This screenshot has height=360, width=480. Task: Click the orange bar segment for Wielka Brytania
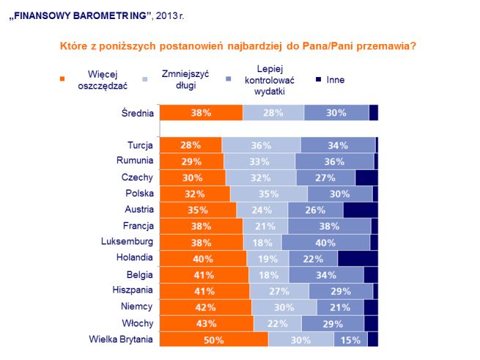pyautogui.click(x=214, y=339)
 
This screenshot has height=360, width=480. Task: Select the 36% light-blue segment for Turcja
pyautogui.click(x=261, y=144)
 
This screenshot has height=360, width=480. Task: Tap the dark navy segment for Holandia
pyautogui.click(x=358, y=258)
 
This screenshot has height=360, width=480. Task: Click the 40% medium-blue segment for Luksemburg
pyautogui.click(x=325, y=242)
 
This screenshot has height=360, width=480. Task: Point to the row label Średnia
pyautogui.click(x=137, y=112)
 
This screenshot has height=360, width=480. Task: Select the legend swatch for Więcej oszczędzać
pyautogui.click(x=62, y=79)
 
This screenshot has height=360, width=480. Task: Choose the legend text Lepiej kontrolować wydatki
pyautogui.click(x=262, y=79)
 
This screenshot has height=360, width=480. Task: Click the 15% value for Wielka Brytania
pyautogui.click(x=350, y=339)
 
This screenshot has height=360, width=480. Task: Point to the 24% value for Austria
pyautogui.click(x=262, y=210)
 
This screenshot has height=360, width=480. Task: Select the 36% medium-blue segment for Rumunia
pyautogui.click(x=334, y=161)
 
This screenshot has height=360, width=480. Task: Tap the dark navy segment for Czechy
pyautogui.click(x=366, y=177)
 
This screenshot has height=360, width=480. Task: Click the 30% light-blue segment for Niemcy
pyautogui.click(x=284, y=306)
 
